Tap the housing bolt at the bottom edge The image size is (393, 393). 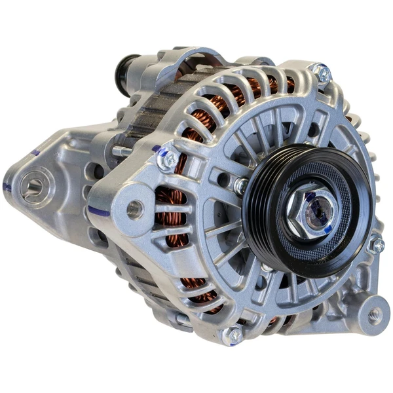point(233,335)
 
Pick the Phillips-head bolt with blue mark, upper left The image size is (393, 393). point(169,158)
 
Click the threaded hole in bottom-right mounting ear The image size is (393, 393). point(373,314)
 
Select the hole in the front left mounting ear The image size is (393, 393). point(135,209)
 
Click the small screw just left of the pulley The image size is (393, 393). point(240,187)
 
